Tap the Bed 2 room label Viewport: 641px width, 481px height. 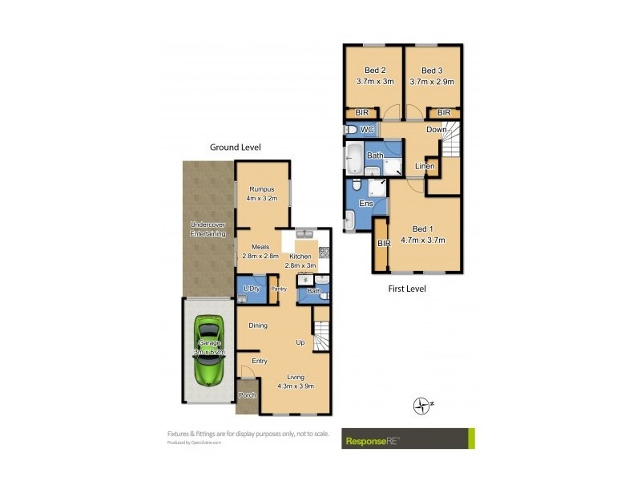point(371,70)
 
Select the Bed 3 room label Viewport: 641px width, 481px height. point(432,70)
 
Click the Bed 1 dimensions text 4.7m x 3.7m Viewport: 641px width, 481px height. point(423,240)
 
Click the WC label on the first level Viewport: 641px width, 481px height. point(368,129)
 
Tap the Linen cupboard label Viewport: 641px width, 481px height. point(425,166)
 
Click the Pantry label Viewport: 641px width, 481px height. point(279,289)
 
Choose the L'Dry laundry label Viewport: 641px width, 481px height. point(251,289)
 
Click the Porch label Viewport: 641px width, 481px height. point(248,395)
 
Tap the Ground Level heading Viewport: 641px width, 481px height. point(235,148)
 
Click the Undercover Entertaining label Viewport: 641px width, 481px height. point(208,228)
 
